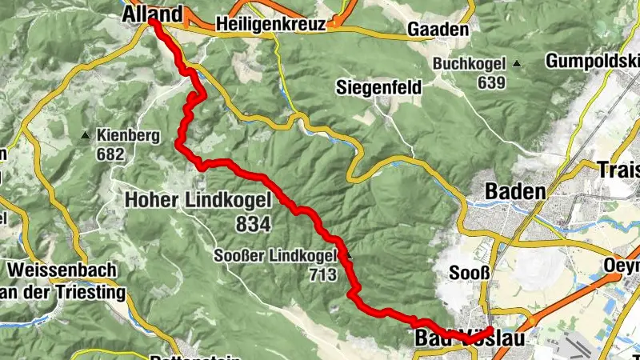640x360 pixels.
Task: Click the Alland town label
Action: (x=151, y=14)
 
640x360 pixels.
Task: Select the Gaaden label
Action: (x=437, y=29)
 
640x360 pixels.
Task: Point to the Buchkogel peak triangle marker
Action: (x=518, y=64)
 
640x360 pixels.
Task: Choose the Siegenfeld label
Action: (x=378, y=87)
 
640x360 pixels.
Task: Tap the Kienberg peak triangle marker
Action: (x=86, y=135)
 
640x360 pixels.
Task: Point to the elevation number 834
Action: (x=254, y=224)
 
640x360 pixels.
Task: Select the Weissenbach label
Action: (x=62, y=270)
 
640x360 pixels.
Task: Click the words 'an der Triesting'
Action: (x=64, y=293)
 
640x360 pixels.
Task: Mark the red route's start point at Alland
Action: (x=153, y=23)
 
